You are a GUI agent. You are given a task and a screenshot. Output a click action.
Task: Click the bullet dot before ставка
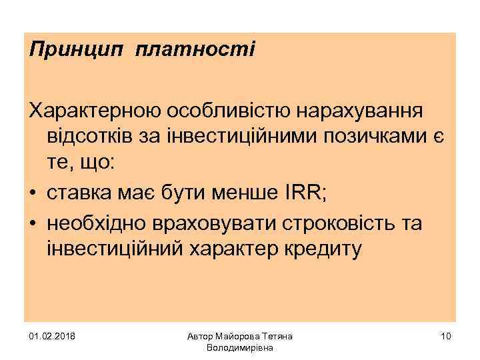tap(33, 194)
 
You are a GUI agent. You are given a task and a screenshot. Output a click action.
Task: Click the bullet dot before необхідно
tap(33, 223)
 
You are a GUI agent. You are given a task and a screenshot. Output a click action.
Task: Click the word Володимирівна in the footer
tap(240, 348)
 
